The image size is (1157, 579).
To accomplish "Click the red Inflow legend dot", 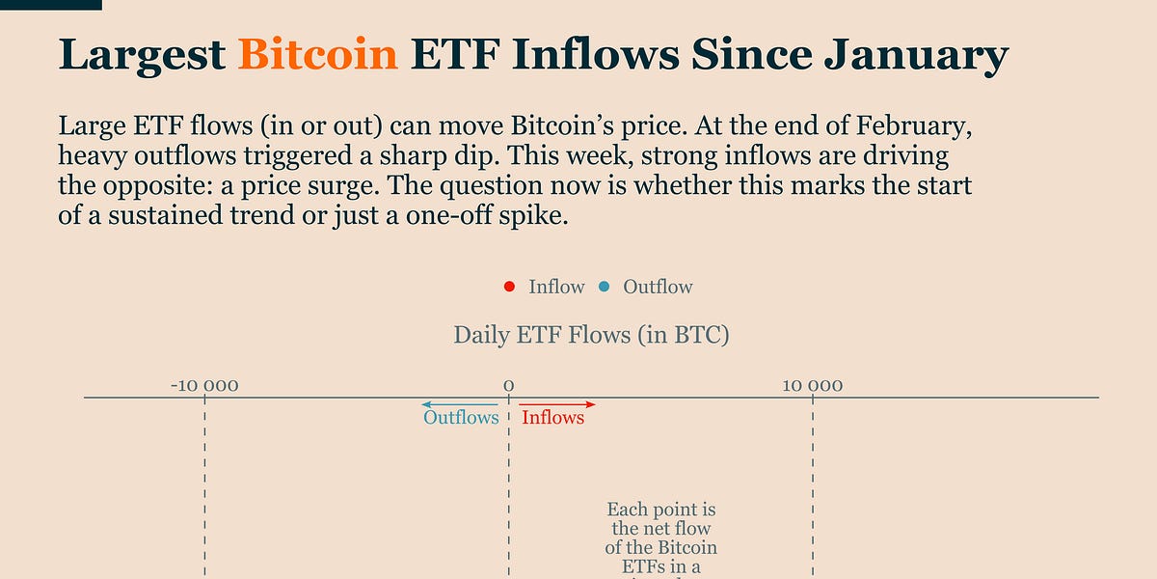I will (509, 287).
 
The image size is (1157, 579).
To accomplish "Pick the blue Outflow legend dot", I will (605, 287).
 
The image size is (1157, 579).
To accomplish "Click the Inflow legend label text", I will (556, 287).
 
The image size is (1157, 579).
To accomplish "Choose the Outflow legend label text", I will (658, 287).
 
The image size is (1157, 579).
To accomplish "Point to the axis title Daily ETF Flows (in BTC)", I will (591, 336).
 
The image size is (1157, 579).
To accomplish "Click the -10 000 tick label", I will (204, 386).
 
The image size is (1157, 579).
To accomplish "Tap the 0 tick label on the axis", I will (508, 386).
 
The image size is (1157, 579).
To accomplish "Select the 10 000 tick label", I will (813, 386).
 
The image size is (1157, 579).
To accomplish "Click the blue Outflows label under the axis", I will (461, 418).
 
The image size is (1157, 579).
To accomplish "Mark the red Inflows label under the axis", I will (552, 418).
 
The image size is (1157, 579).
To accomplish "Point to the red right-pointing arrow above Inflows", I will (558, 403).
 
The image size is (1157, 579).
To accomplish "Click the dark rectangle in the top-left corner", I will (50, 5).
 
